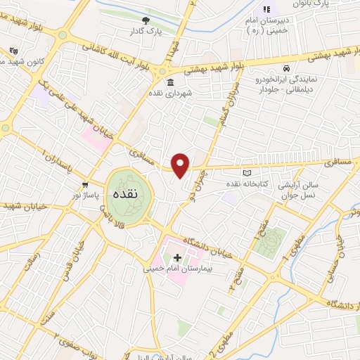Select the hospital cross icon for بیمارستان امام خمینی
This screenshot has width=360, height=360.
177,258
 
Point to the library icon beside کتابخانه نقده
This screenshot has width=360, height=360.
246,173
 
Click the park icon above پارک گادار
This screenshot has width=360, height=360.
146,21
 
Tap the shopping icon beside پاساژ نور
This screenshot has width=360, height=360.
86,184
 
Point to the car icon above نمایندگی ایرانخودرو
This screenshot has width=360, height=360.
287,68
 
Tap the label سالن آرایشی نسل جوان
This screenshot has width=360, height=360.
299,188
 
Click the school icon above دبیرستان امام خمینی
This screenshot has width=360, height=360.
266,9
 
